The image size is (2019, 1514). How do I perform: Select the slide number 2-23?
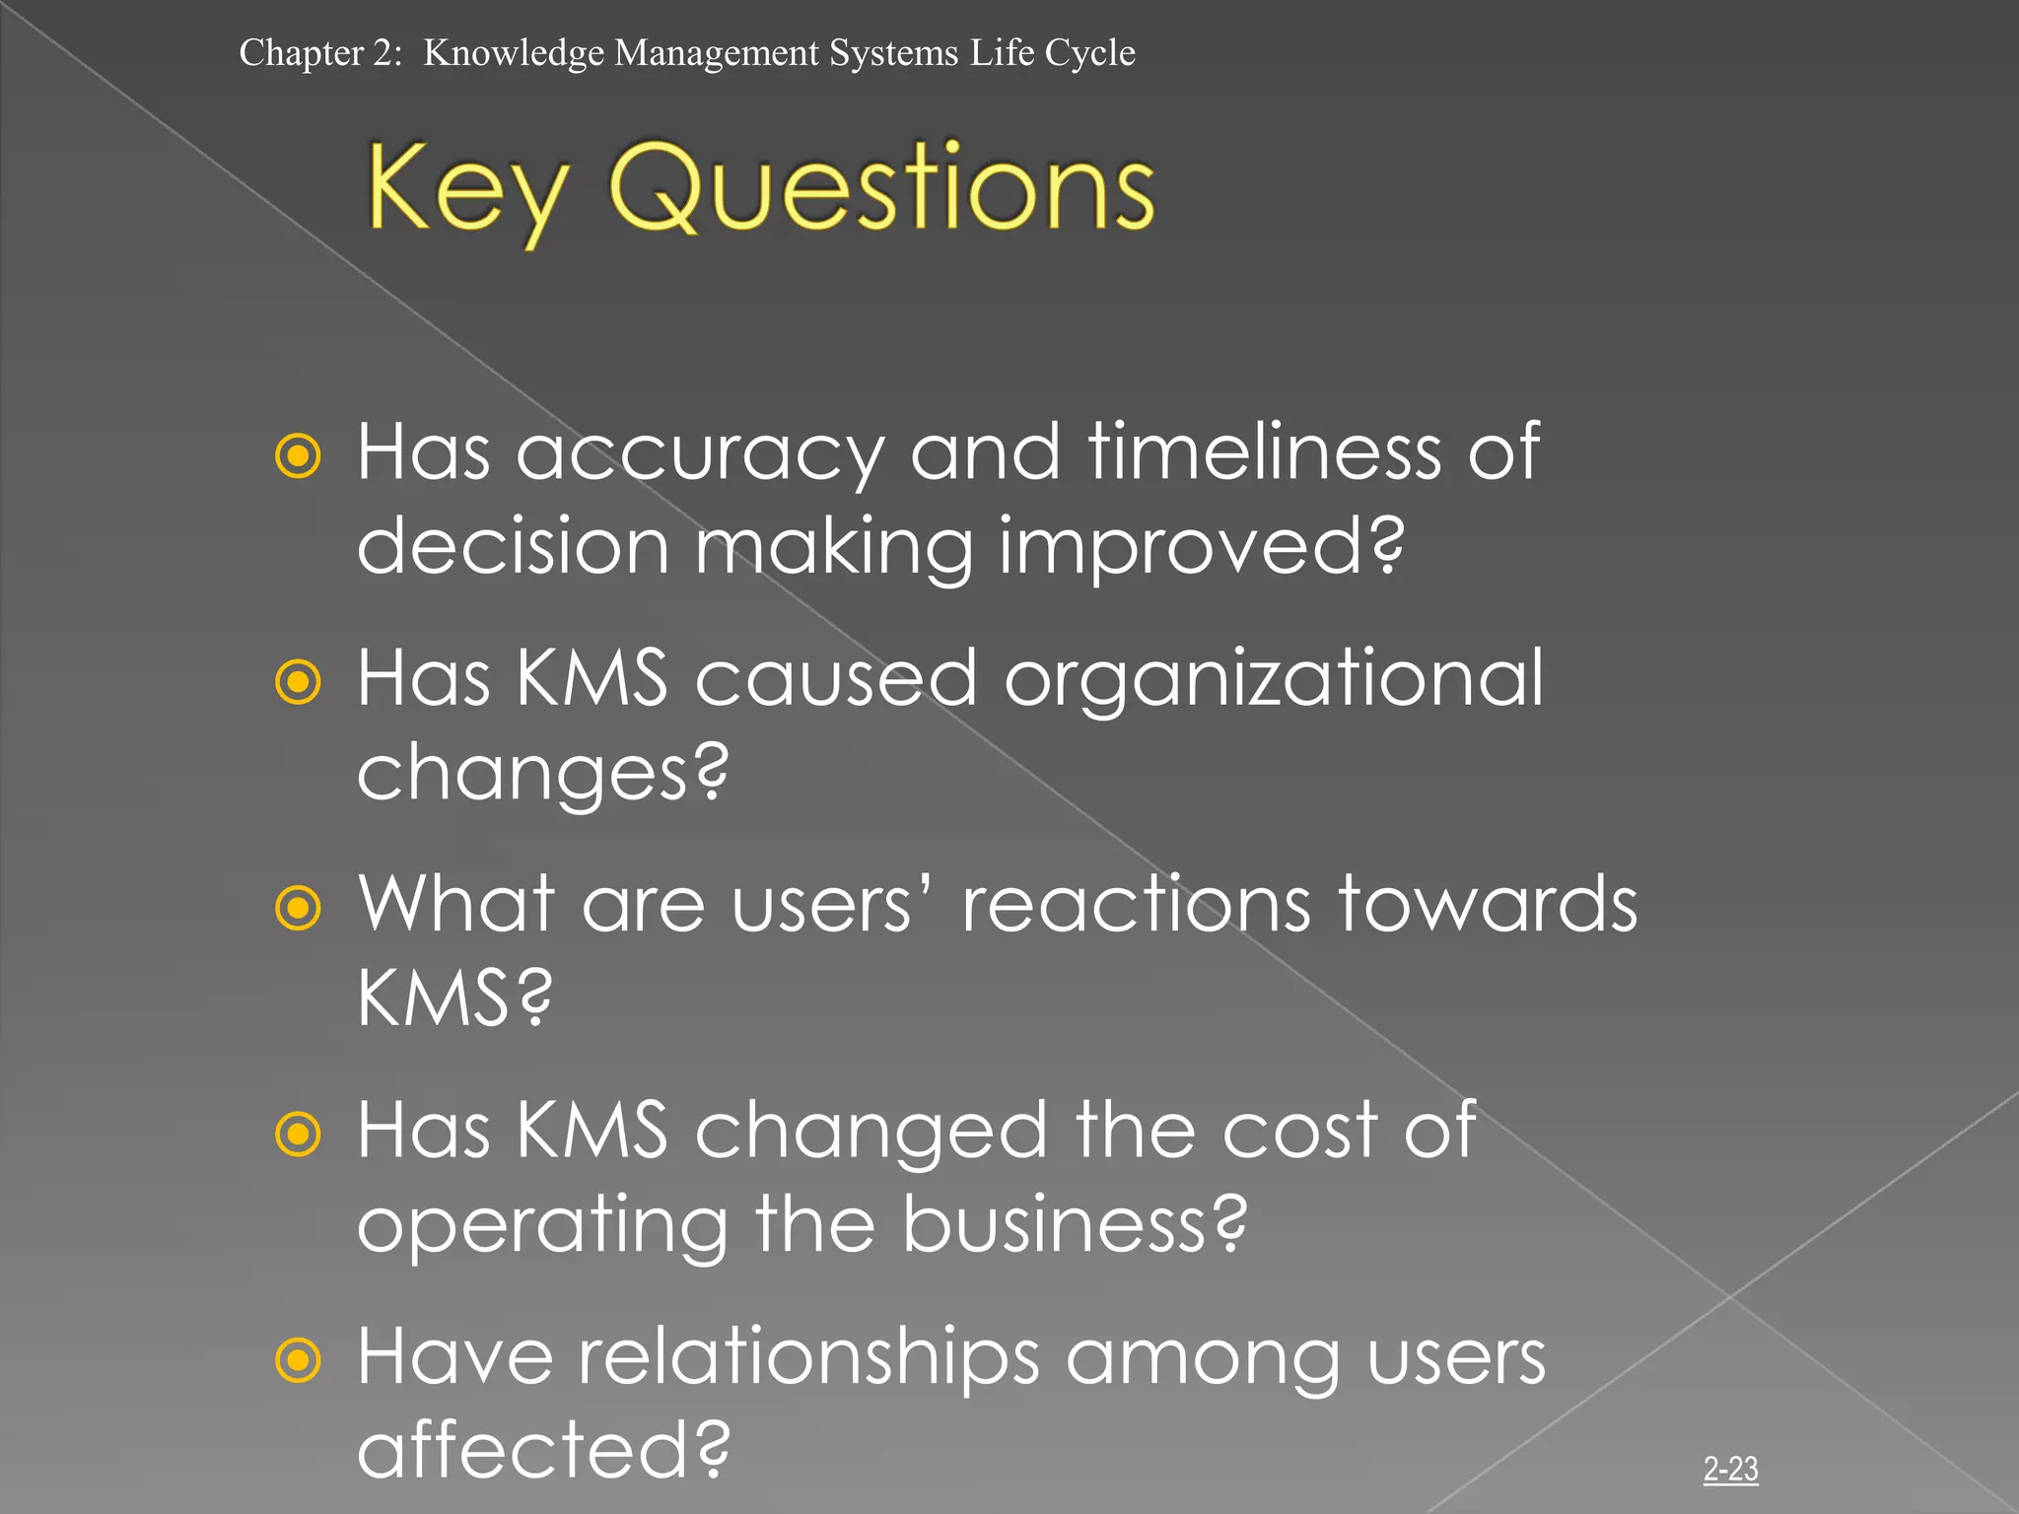point(1730,1469)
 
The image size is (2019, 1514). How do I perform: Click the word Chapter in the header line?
point(301,53)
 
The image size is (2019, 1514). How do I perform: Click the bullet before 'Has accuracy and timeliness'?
point(298,456)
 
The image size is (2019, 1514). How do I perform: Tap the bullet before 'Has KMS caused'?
point(298,682)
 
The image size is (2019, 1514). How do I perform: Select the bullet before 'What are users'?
point(298,908)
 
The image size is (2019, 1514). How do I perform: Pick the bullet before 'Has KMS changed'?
point(298,1134)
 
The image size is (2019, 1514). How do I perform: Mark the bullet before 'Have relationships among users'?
point(298,1360)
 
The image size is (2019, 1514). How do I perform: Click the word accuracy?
point(699,453)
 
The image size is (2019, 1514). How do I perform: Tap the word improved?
point(1201,547)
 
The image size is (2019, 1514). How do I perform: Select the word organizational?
point(1273,680)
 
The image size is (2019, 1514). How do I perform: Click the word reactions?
point(1136,905)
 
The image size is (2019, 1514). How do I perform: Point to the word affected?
point(542,1450)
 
